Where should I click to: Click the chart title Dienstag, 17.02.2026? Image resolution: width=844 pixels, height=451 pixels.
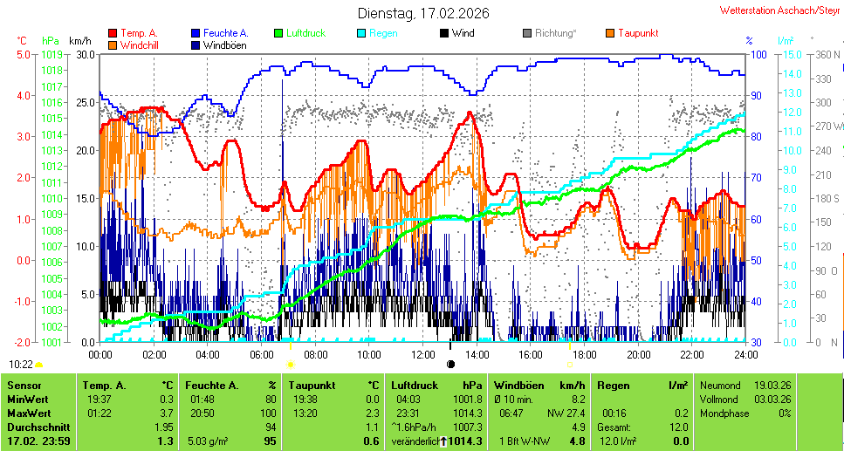coord(423,13)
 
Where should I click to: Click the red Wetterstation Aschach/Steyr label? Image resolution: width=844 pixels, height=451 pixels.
coord(780,10)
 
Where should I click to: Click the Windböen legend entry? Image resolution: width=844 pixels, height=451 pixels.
coord(223,44)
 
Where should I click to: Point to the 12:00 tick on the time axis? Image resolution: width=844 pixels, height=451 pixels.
coord(422,354)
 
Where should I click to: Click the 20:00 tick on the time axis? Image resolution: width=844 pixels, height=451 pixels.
coord(638,354)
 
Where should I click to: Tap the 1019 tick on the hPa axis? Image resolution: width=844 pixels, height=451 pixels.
coord(51,54)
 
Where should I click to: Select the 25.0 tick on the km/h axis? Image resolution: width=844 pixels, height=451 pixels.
coord(85,102)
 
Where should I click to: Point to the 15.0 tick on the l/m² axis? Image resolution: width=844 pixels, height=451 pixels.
coord(785,54)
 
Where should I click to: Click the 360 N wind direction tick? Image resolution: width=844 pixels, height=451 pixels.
coord(826,54)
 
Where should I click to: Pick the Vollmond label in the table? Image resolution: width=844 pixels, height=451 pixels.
coord(721,399)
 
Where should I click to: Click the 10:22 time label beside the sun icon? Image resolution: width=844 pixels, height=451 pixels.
coord(21,364)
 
